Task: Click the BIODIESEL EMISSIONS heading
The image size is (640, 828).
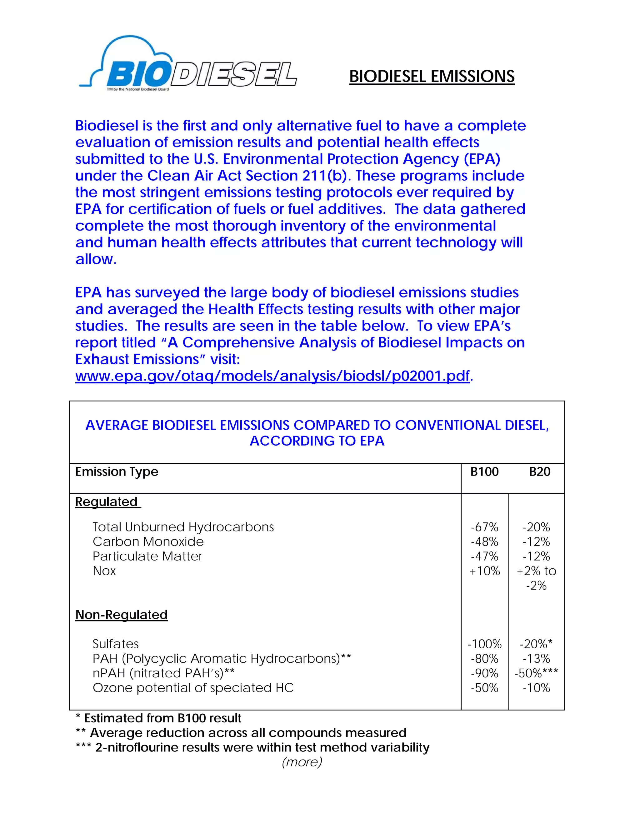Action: [432, 76]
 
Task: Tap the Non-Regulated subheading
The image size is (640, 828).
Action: [121, 615]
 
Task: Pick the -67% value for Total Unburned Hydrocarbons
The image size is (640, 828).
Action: [484, 527]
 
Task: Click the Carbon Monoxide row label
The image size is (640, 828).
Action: [148, 542]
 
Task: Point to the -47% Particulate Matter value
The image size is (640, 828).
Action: [484, 556]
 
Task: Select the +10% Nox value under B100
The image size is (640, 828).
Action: [484, 571]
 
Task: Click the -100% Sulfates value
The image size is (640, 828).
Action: [484, 644]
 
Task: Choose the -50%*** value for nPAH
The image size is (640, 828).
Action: [536, 673]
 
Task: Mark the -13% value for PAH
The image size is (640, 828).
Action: [536, 659]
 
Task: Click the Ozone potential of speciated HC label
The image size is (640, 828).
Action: [193, 688]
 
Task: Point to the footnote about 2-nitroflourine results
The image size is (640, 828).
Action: [253, 747]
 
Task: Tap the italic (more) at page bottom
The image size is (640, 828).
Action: [302, 762]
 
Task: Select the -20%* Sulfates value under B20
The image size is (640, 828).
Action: [536, 644]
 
